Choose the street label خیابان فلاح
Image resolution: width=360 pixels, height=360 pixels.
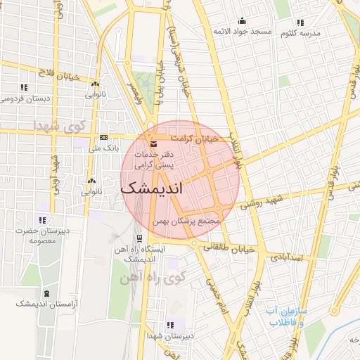tap(58, 75)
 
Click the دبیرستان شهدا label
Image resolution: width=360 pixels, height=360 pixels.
tap(171, 336)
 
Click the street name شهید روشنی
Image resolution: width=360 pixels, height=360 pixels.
tap(264, 203)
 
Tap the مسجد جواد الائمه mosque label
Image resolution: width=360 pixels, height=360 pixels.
tap(242, 32)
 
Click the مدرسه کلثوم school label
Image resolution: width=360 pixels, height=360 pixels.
tap(302, 34)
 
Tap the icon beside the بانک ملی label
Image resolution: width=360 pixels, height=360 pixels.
tap(103, 137)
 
